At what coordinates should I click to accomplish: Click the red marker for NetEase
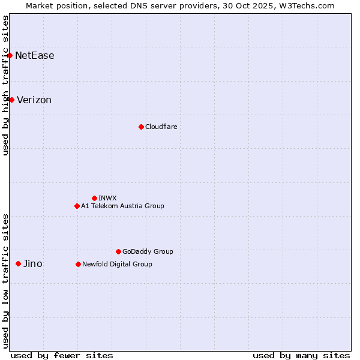(x=10, y=56)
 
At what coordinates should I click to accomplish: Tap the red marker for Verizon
(x=11, y=100)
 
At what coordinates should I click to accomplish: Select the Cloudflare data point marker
(x=141, y=127)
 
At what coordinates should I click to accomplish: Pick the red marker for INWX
(x=94, y=198)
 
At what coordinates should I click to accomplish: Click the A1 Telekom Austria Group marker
(x=77, y=206)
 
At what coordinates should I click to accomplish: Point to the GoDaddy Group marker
(x=118, y=251)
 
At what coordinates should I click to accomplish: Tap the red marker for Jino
(x=18, y=263)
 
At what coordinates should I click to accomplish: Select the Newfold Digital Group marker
(x=78, y=264)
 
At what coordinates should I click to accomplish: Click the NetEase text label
(x=35, y=56)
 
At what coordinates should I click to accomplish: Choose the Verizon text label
(x=34, y=100)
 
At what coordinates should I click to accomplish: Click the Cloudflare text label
(x=161, y=127)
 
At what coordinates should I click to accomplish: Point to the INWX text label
(x=107, y=198)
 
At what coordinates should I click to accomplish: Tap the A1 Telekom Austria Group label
(x=122, y=206)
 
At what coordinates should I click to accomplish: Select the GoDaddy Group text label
(x=148, y=251)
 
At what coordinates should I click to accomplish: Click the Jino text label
(x=32, y=263)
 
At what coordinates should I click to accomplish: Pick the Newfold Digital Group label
(x=117, y=264)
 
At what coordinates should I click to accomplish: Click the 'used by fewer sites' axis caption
(x=62, y=355)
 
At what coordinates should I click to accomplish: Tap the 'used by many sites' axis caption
(x=301, y=355)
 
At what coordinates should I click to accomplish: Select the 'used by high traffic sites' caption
(x=5, y=85)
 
